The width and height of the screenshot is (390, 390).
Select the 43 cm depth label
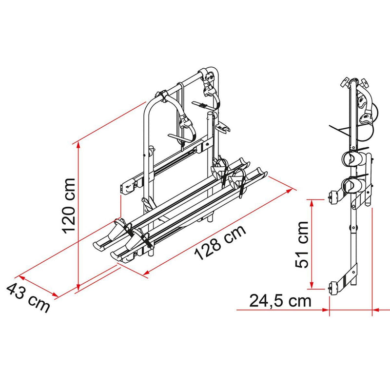click(28, 298)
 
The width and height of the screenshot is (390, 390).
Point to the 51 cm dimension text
click(302, 244)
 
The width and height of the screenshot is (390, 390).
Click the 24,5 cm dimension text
click(280, 300)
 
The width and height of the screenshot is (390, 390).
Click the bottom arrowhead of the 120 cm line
click(78, 288)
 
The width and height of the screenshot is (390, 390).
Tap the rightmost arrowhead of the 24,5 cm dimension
click(375, 309)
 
